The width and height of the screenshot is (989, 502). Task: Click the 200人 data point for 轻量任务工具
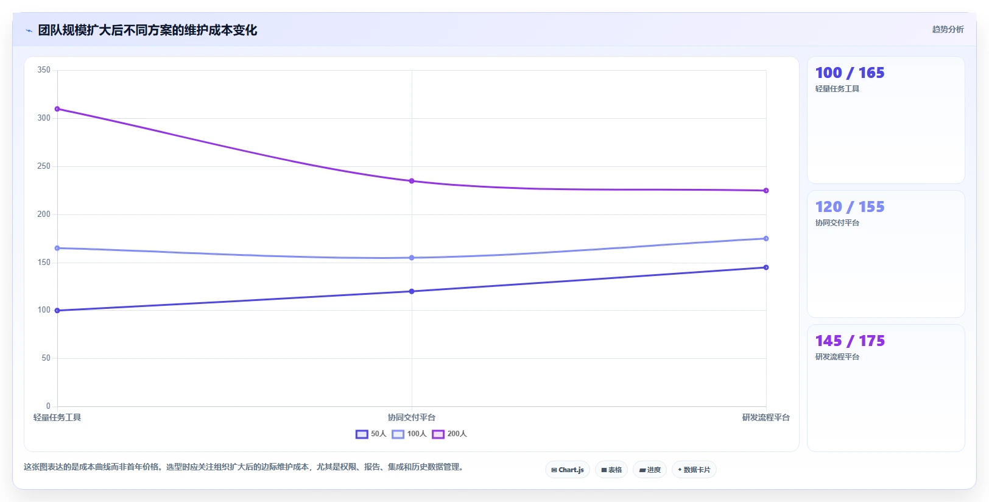[x=57, y=109]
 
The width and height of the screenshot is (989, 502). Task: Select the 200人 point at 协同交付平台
[x=412, y=181]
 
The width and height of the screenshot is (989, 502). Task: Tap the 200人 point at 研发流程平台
[x=766, y=191]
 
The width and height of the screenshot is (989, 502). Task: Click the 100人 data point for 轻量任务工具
[x=57, y=248]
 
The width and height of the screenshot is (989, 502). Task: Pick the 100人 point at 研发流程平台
[x=766, y=239]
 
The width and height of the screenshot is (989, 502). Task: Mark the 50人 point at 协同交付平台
[x=412, y=291]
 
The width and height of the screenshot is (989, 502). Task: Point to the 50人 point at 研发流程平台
[x=766, y=267]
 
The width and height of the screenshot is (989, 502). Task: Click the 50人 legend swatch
[x=362, y=434]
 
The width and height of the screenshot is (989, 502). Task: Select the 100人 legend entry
[x=409, y=434]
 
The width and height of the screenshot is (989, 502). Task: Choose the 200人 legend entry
[x=449, y=434]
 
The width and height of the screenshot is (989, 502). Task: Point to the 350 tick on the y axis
[x=44, y=70]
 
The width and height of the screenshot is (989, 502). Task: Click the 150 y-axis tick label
[x=44, y=262]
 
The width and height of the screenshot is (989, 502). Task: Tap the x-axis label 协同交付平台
[x=412, y=418]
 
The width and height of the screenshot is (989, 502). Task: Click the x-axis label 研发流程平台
[x=766, y=418]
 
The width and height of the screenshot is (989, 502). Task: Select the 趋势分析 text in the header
[x=948, y=30]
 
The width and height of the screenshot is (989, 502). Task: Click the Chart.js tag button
[x=568, y=470]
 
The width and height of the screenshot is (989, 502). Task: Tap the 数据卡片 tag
[x=694, y=470]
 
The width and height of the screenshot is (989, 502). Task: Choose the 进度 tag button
[x=649, y=470]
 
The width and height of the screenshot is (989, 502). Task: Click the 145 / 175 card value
[x=850, y=341]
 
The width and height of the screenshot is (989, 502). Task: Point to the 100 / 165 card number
[x=850, y=73]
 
